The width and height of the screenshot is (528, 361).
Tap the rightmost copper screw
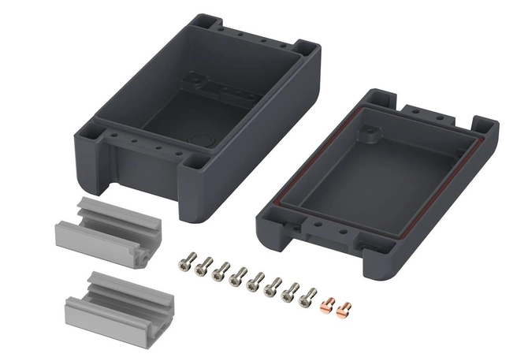click(343, 309)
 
